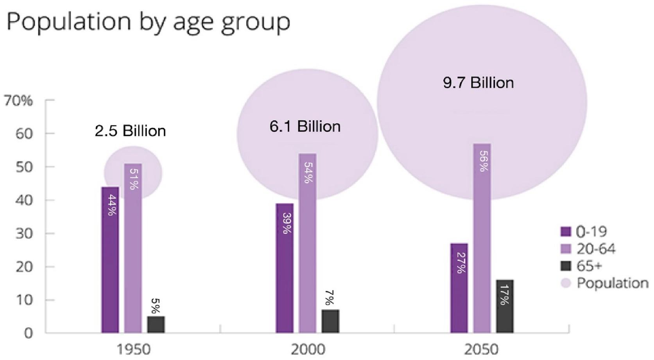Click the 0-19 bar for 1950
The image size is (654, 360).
pyautogui.click(x=110, y=260)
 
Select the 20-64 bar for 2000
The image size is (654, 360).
pyautogui.click(x=307, y=243)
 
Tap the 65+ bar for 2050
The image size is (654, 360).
pyautogui.click(x=505, y=306)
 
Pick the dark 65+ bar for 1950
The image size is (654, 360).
pyautogui.click(x=156, y=324)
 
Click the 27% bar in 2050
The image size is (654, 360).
pyautogui.click(x=459, y=288)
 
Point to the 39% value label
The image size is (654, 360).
pyautogui.click(x=287, y=223)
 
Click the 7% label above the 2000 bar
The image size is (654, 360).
pyautogui.click(x=329, y=297)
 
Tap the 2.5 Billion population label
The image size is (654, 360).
pyautogui.click(x=130, y=131)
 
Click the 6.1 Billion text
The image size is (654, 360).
pyautogui.click(x=305, y=127)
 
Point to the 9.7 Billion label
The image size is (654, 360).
pyautogui.click(x=478, y=82)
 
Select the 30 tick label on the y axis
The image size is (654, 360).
pyautogui.click(x=23, y=234)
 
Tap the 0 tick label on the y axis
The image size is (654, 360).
pyautogui.click(x=28, y=333)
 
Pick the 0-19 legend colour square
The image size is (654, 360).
pyautogui.click(x=566, y=231)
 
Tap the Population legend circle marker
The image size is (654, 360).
pyautogui.click(x=566, y=283)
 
